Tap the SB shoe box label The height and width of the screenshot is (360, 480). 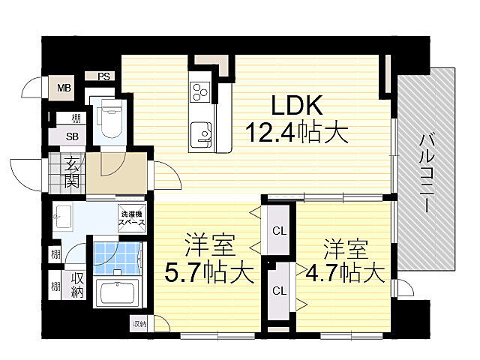click(x=72, y=136)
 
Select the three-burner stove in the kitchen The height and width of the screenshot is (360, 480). click(x=200, y=93)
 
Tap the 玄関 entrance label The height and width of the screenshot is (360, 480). click(x=72, y=172)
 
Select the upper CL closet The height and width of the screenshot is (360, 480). click(x=277, y=230)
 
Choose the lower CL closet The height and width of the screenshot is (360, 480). click(x=277, y=290)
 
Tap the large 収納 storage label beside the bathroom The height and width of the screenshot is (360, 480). click(x=76, y=285)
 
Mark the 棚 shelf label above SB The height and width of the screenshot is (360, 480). click(x=76, y=118)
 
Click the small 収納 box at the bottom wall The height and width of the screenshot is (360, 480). click(x=140, y=324)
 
